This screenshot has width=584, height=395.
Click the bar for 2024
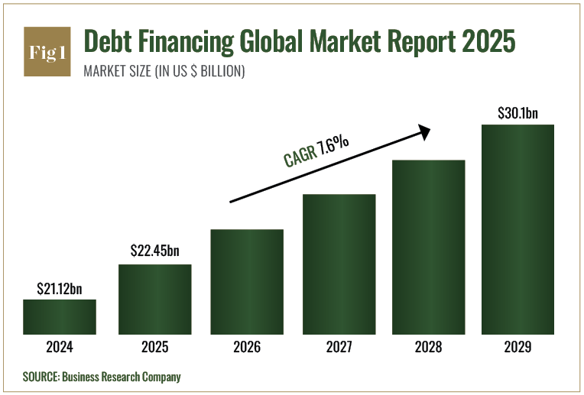click(x=60, y=317)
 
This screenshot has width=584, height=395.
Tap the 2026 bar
click(x=247, y=282)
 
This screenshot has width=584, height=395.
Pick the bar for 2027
click(x=339, y=264)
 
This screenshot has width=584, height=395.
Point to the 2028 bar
click(x=429, y=247)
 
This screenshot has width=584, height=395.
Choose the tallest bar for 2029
click(x=517, y=229)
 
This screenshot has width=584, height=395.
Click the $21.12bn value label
click(x=60, y=289)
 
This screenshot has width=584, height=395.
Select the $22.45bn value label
click(x=154, y=251)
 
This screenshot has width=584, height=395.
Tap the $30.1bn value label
click(x=517, y=113)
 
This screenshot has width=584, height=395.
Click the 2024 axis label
click(x=60, y=347)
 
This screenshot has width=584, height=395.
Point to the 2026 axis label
click(x=247, y=347)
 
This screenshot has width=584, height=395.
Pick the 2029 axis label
click(x=517, y=347)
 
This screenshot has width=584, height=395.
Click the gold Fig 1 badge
click(x=47, y=52)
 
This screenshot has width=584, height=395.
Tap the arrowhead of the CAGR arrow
click(x=424, y=132)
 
